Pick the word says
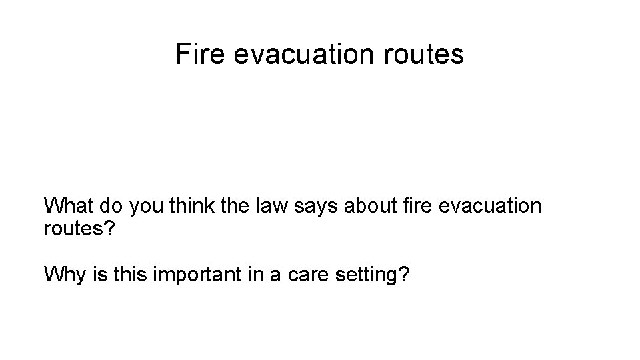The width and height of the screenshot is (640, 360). point(319,206)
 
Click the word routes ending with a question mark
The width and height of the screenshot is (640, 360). point(79,231)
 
